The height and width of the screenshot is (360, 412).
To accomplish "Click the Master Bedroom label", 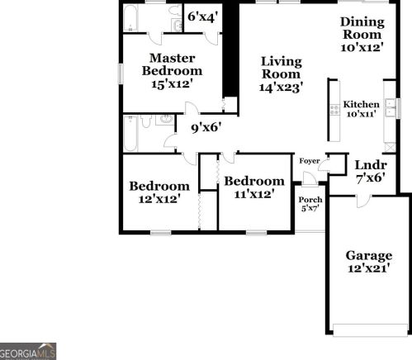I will (x=172, y=70).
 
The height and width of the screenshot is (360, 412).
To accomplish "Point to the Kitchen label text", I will (x=361, y=105).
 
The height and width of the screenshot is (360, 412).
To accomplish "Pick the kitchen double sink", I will (x=391, y=109).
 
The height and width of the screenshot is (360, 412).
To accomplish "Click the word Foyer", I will (x=310, y=161).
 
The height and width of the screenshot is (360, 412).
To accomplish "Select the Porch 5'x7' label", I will (x=310, y=203).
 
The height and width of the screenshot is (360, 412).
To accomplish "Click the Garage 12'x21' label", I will (x=368, y=261).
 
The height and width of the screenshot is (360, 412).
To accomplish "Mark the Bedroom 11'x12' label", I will (x=254, y=187).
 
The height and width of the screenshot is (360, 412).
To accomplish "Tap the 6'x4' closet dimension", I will (x=202, y=16).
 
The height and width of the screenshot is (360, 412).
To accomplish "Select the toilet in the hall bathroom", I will (x=144, y=121).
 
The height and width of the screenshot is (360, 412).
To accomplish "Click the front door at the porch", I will (x=310, y=181).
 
